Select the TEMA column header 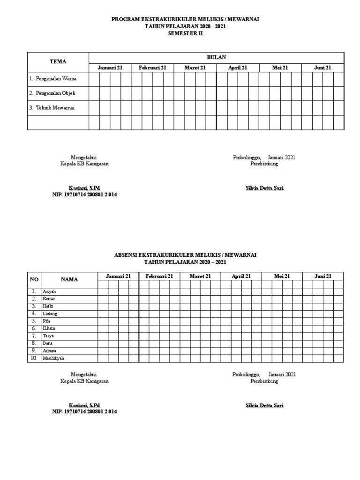click(x=58, y=61)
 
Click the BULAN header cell click(x=217, y=57)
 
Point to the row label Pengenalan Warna click(x=52, y=78)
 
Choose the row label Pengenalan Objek click(x=52, y=93)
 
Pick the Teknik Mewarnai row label click(x=52, y=107)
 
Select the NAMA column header click(x=69, y=279)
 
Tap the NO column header click(x=34, y=279)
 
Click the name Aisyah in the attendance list click(x=49, y=292)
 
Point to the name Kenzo click(x=49, y=299)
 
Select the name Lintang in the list click(x=50, y=314)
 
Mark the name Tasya click(x=49, y=336)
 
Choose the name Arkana click(x=50, y=351)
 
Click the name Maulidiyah click(x=53, y=358)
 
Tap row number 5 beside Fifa click(x=34, y=321)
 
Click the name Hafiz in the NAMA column click(x=48, y=306)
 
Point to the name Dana click(x=48, y=344)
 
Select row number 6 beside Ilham click(x=34, y=329)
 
